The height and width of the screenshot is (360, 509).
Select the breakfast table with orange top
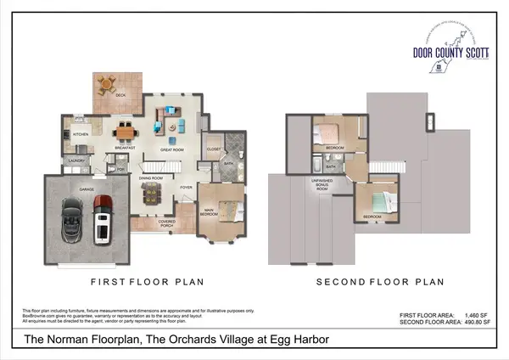click(126, 132)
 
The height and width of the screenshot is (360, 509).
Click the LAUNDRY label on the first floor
click(76, 160)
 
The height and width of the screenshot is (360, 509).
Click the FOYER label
click(186, 187)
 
